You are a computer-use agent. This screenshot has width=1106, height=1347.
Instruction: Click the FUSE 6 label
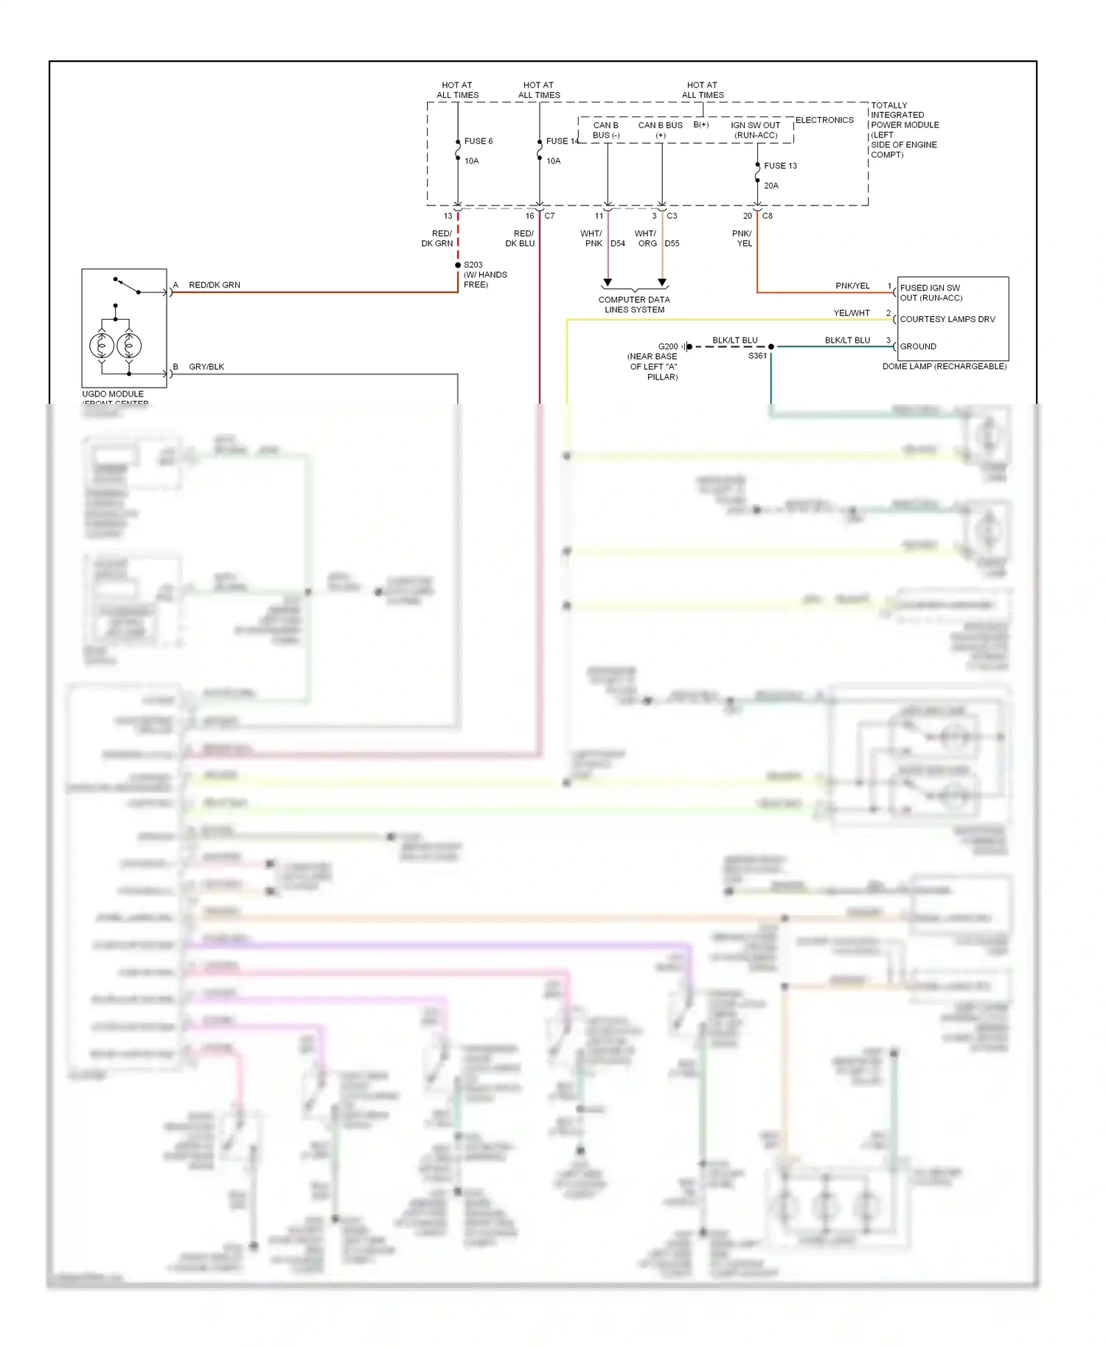pyautogui.click(x=478, y=141)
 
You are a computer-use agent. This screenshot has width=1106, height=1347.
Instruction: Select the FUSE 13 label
pyautogui.click(x=780, y=166)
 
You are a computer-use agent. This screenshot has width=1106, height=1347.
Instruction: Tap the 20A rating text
pyautogui.click(x=771, y=186)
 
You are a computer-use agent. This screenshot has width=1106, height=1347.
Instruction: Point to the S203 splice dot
pyautogui.click(x=458, y=265)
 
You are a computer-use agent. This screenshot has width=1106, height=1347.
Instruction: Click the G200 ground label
pyautogui.click(x=667, y=346)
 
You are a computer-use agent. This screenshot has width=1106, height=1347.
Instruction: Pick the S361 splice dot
pyautogui.click(x=771, y=346)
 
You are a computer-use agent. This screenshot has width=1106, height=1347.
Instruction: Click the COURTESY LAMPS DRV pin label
pyautogui.click(x=947, y=319)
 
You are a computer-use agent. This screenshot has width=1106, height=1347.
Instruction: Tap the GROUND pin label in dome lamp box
pyautogui.click(x=918, y=346)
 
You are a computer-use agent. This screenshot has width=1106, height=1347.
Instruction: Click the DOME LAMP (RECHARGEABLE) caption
pyautogui.click(x=944, y=366)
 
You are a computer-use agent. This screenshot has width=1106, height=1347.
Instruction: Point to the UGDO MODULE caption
pyautogui.click(x=113, y=394)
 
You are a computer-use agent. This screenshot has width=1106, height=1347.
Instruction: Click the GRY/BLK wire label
pyautogui.click(x=206, y=367)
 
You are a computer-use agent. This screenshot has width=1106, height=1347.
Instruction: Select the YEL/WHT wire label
pyautogui.click(x=851, y=313)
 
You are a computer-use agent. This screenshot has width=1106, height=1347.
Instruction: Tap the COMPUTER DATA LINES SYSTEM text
pyautogui.click(x=634, y=304)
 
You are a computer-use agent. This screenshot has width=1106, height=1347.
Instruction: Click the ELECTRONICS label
pyautogui.click(x=824, y=120)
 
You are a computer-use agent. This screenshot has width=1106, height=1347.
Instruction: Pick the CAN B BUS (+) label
pyautogui.click(x=660, y=130)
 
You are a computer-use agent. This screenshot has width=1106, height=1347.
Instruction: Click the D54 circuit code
pyautogui.click(x=618, y=243)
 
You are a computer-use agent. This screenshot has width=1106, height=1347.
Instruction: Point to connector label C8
pyautogui.click(x=768, y=216)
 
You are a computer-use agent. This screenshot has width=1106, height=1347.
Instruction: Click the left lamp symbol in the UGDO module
pyautogui.click(x=102, y=345)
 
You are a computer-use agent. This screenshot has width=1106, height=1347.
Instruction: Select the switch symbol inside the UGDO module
pyautogui.click(x=127, y=285)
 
